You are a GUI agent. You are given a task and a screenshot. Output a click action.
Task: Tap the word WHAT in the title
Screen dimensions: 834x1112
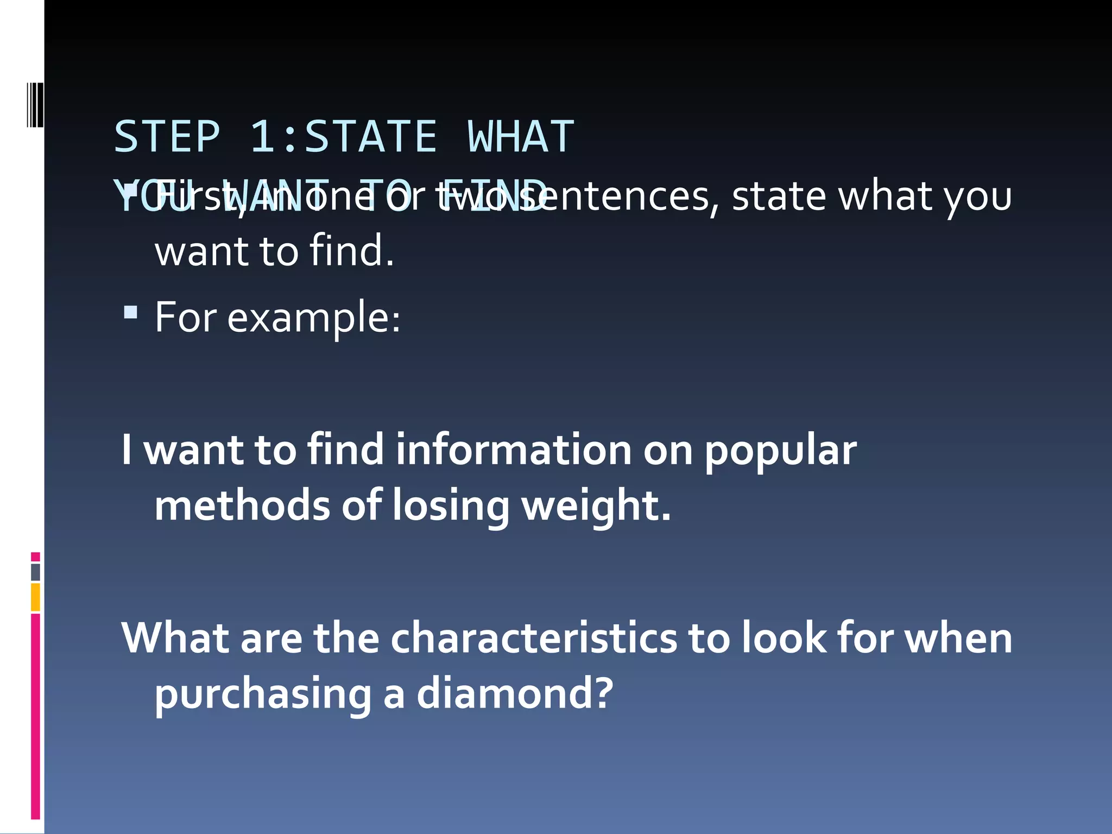pyautogui.click(x=521, y=137)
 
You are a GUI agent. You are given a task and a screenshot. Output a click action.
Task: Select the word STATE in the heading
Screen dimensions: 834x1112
pyautogui.click(x=371, y=137)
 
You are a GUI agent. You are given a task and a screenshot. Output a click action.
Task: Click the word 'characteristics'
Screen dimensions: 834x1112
pyautogui.click(x=534, y=638)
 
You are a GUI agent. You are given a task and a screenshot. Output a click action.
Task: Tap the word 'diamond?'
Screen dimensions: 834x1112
pyautogui.click(x=515, y=694)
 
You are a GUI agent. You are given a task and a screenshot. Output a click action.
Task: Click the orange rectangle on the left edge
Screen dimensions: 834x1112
pyautogui.click(x=35, y=597)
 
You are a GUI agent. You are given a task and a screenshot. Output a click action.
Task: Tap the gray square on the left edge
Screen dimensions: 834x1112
pyautogui.click(x=35, y=572)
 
